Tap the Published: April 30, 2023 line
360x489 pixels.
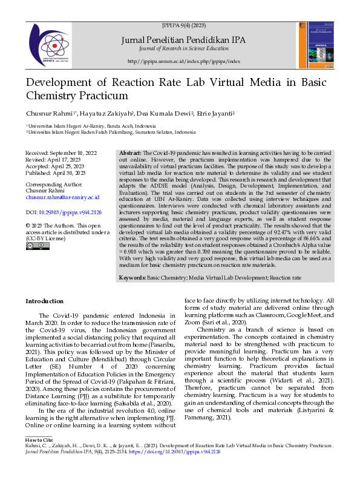click(55, 172)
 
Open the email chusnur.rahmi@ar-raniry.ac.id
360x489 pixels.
click(62, 197)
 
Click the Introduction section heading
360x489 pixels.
click(44, 301)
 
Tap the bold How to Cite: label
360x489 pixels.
click(40, 439)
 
